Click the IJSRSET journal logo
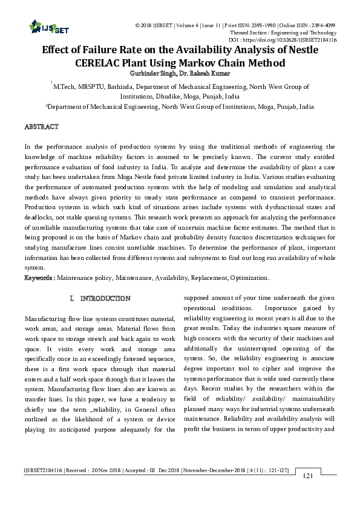[42, 26]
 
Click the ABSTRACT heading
[41, 127]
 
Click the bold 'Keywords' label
[38, 277]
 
